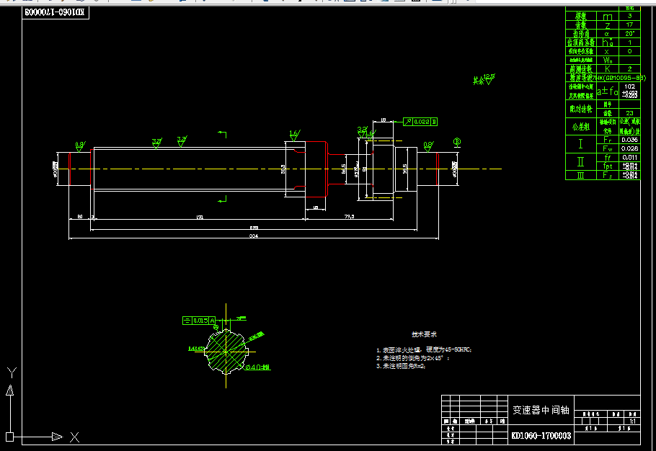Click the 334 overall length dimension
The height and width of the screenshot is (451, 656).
pos(253,236)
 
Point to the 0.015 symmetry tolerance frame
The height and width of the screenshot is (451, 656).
pos(201,319)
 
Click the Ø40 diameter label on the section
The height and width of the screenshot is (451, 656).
pos(257,367)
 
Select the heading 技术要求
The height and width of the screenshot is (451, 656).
pos(424,334)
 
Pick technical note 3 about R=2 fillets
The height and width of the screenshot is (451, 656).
pos(402,366)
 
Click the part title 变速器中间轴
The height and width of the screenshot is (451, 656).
pos(541,410)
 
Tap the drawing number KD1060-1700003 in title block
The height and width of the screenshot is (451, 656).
pos(541,435)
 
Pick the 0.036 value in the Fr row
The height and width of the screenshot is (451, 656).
pos(630,139)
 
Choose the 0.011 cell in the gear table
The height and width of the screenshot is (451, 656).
pos(630,156)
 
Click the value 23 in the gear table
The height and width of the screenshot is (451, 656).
pos(630,113)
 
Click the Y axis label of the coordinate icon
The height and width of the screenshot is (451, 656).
pos(11,372)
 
